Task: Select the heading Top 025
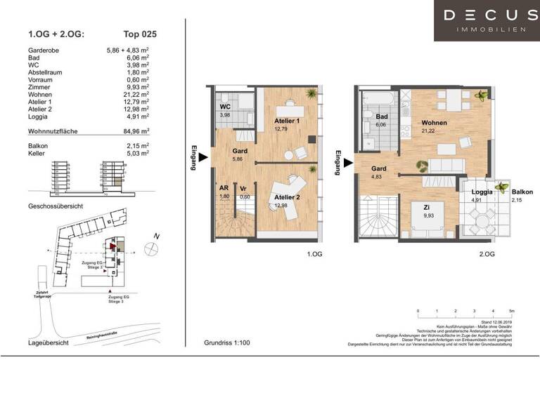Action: coord(140,33)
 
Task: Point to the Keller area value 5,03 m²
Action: coord(137,153)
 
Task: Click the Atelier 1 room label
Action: coord(287,121)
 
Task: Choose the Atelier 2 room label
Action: coord(287,197)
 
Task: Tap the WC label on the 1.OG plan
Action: coord(226,107)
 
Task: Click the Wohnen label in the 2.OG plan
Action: coord(434,122)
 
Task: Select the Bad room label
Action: coord(382,117)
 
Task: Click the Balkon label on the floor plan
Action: coord(522,192)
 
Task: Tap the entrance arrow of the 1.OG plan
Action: coord(202,156)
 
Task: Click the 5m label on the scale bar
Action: coord(511,310)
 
